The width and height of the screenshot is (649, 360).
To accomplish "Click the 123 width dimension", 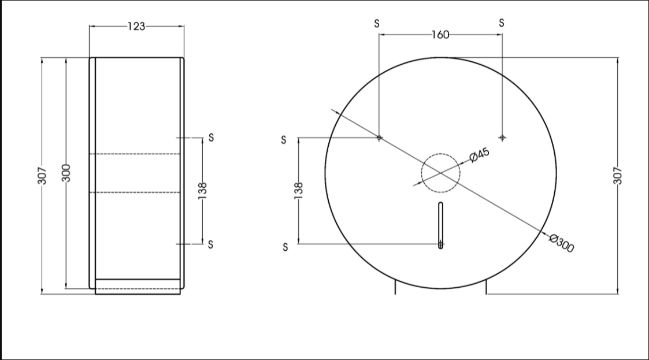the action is [136, 27].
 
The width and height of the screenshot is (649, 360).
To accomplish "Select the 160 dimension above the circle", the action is [440, 35].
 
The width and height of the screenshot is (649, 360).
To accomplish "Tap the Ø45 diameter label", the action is [480, 154].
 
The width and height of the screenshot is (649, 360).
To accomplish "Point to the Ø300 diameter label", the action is [562, 243].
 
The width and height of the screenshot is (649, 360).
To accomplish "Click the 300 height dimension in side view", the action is [66, 173].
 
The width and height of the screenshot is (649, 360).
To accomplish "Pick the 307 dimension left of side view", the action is [42, 176].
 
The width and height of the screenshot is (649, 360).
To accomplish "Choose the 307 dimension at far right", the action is [618, 176].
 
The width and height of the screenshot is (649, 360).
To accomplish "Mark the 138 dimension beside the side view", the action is [202, 191].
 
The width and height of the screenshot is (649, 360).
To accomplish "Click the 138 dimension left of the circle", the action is [298, 191].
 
